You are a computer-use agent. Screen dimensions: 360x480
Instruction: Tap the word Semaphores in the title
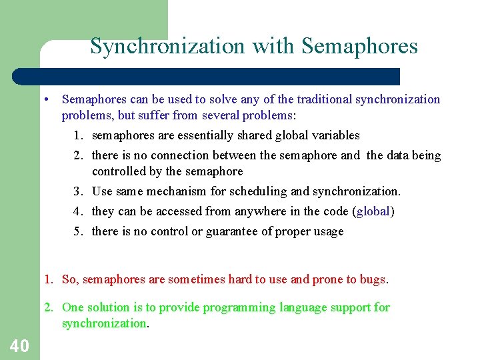pos(359,47)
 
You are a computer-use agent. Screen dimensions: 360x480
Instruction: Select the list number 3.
pos(78,191)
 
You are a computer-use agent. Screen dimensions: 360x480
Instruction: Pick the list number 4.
pos(78,211)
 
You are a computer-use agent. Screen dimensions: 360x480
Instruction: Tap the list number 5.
pos(78,231)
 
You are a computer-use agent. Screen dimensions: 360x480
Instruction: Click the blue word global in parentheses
pos(373,211)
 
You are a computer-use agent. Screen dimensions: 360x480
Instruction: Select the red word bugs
pos(372,279)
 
